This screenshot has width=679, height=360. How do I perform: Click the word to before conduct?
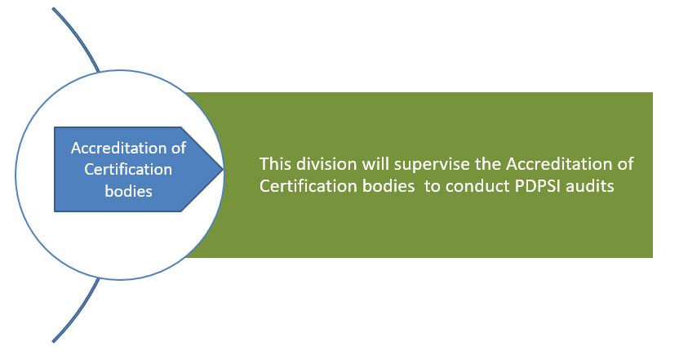(x=433, y=186)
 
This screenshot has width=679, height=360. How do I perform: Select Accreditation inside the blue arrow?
(x=118, y=148)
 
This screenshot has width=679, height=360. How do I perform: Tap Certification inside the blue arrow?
(x=128, y=169)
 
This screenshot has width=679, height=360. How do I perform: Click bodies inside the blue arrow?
(x=129, y=191)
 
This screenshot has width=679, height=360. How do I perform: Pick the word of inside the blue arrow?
(x=179, y=148)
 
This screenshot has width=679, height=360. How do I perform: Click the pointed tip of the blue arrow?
(x=223, y=169)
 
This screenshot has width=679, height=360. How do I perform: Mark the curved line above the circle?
(x=79, y=37)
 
